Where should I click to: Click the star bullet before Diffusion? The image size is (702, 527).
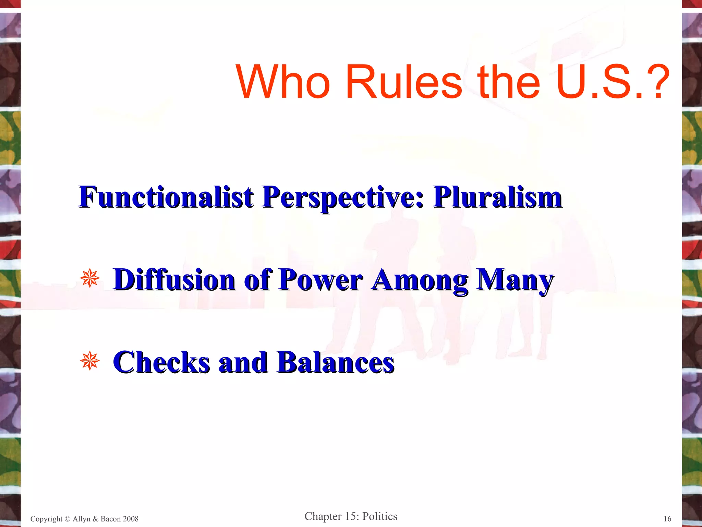[89, 278]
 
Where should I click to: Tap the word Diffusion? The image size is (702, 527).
[174, 280]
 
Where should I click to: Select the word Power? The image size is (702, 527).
[320, 280]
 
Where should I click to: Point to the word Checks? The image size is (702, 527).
[161, 362]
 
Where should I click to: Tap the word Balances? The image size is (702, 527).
[336, 362]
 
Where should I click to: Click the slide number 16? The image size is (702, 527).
[667, 519]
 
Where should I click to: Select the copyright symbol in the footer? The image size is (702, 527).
[67, 519]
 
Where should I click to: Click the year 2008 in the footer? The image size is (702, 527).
[131, 519]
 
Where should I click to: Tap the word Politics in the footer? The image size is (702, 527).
[380, 516]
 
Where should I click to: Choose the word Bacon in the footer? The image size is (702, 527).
[110, 519]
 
